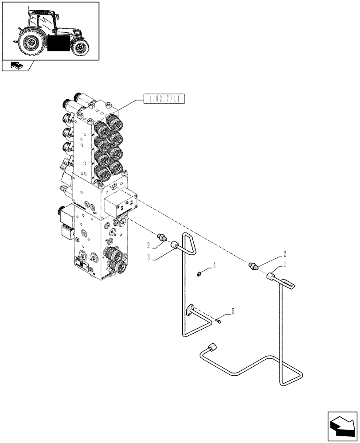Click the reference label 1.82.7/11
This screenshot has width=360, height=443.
click(x=164, y=99)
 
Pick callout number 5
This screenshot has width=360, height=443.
click(x=233, y=311)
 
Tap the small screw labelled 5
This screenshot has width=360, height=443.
click(x=219, y=321)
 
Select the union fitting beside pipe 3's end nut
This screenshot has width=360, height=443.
click(x=162, y=237)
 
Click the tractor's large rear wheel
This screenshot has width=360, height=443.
click(x=32, y=42)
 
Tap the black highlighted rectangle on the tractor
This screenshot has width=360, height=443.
click(x=58, y=44)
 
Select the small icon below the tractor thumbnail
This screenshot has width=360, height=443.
click(x=16, y=66)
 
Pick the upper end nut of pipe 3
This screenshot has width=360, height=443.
click(x=175, y=245)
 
